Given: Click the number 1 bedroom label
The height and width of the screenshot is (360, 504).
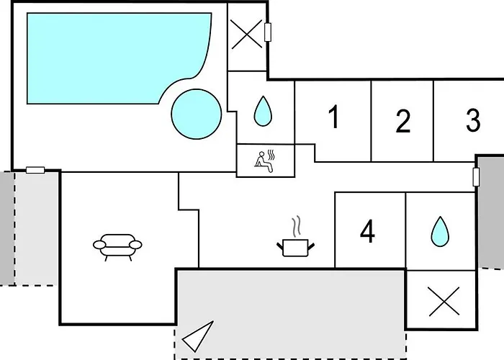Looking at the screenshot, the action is pos(334,117).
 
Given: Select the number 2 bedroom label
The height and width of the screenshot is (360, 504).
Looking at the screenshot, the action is pos(403,121).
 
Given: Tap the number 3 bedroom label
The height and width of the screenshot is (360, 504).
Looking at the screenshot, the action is pos(473,120).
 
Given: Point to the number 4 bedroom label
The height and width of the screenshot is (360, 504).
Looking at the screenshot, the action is pos(367,231).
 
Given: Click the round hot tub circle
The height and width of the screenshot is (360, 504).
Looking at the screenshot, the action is pos(197,114).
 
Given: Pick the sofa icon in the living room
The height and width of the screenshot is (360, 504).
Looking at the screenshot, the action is pos(117,247).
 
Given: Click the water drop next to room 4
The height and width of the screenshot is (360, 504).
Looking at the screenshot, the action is pos(440,231).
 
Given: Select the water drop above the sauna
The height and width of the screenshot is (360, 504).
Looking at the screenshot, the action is pos(263,111).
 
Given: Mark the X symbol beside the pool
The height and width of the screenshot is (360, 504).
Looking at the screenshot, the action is pos(246,34).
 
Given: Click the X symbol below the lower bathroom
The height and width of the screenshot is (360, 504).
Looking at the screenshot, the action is pos(444,302).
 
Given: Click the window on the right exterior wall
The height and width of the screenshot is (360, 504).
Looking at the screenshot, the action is pos(476,177).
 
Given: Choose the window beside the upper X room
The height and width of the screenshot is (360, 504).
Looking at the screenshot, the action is pos(267,32).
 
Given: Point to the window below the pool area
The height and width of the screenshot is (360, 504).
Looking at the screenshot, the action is pos(35,170).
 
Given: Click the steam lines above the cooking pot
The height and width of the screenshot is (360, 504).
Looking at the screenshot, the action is pos(297,227).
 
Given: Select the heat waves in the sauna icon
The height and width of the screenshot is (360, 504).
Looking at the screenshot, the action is pos(271,155).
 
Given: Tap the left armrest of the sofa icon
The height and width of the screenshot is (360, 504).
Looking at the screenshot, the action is pos(99,245).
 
